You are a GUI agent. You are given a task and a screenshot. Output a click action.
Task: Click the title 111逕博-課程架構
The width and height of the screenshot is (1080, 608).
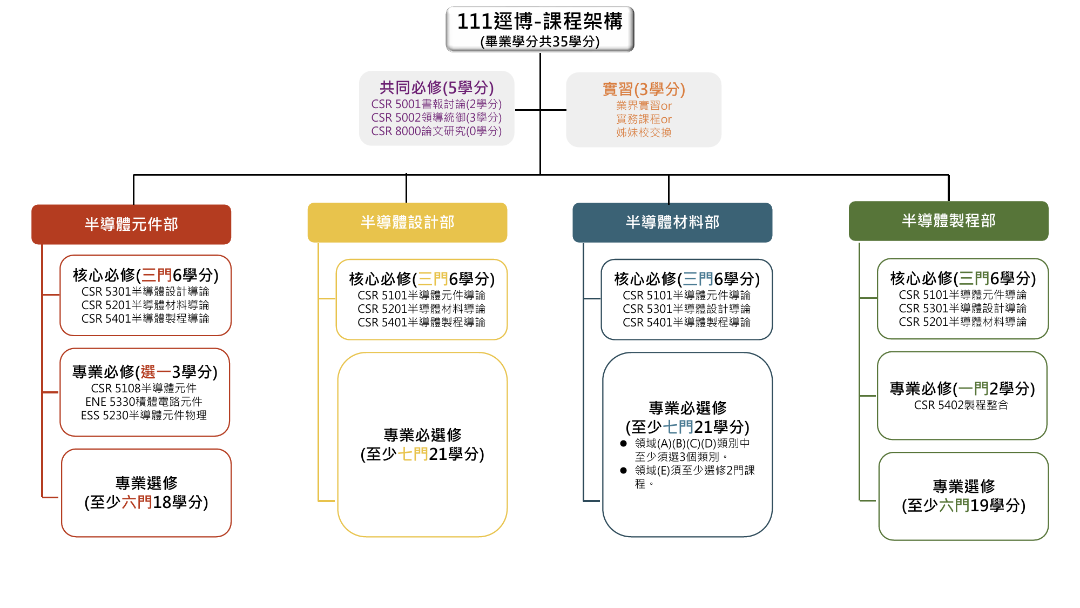(x=539, y=22)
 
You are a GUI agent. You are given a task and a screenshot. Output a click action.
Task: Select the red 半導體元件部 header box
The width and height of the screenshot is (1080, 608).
(x=131, y=224)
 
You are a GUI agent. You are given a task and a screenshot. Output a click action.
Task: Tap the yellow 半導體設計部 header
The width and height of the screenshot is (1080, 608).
(x=407, y=222)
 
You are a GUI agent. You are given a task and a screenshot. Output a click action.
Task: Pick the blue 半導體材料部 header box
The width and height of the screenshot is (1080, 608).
(x=672, y=222)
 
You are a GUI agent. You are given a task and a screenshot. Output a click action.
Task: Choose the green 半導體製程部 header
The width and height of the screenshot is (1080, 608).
(x=949, y=221)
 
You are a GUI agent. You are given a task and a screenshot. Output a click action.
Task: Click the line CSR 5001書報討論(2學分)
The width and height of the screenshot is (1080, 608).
(x=436, y=104)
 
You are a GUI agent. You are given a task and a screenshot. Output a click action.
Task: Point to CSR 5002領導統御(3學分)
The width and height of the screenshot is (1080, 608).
(x=436, y=117)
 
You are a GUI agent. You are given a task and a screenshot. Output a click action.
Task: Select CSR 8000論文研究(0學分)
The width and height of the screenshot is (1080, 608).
(x=436, y=131)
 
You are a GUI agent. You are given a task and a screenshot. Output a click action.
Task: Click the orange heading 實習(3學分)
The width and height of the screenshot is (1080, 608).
(x=644, y=89)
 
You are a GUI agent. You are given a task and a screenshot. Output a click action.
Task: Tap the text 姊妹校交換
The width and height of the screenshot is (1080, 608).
(x=644, y=132)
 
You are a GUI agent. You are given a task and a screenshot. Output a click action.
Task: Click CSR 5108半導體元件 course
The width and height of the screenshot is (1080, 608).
(x=144, y=388)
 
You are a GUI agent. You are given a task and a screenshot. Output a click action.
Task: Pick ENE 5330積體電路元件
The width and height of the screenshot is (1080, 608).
(x=144, y=402)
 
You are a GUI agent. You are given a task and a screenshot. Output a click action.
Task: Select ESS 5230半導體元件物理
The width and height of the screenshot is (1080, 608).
(x=144, y=415)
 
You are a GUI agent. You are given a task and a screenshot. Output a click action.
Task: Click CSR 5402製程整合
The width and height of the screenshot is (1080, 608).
(x=961, y=405)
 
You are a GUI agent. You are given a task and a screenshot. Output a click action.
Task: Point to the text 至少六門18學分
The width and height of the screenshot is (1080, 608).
(x=146, y=502)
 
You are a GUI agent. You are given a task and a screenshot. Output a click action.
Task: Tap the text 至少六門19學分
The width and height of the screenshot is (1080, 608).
(x=964, y=505)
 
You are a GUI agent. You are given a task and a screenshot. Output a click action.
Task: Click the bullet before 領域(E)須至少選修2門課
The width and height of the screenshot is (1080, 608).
(x=624, y=470)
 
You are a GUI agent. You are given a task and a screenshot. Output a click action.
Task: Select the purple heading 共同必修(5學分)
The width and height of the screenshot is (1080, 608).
(x=436, y=88)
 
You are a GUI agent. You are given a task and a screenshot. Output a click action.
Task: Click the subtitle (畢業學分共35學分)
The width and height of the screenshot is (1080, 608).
(x=539, y=42)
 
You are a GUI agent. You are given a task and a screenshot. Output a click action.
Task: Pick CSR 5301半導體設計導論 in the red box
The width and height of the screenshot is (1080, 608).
(x=145, y=291)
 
